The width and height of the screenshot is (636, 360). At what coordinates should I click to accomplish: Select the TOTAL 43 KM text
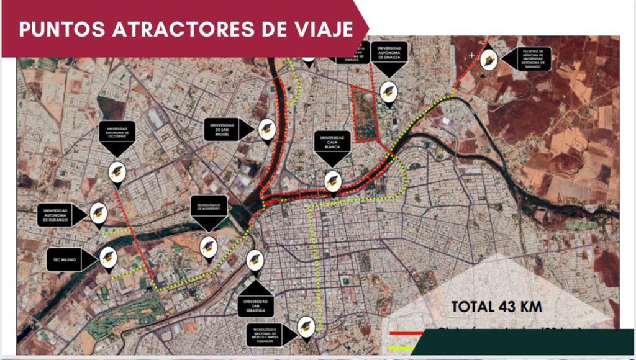497,306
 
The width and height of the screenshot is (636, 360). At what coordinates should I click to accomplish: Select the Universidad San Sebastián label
255,304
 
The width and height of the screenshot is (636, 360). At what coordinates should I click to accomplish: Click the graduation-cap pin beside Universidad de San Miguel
266,128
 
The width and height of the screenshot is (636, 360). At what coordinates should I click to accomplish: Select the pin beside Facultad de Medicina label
489,59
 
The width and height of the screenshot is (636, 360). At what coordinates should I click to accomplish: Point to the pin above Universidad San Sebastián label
255,261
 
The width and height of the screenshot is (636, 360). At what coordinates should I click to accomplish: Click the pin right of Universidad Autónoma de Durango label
98,212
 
